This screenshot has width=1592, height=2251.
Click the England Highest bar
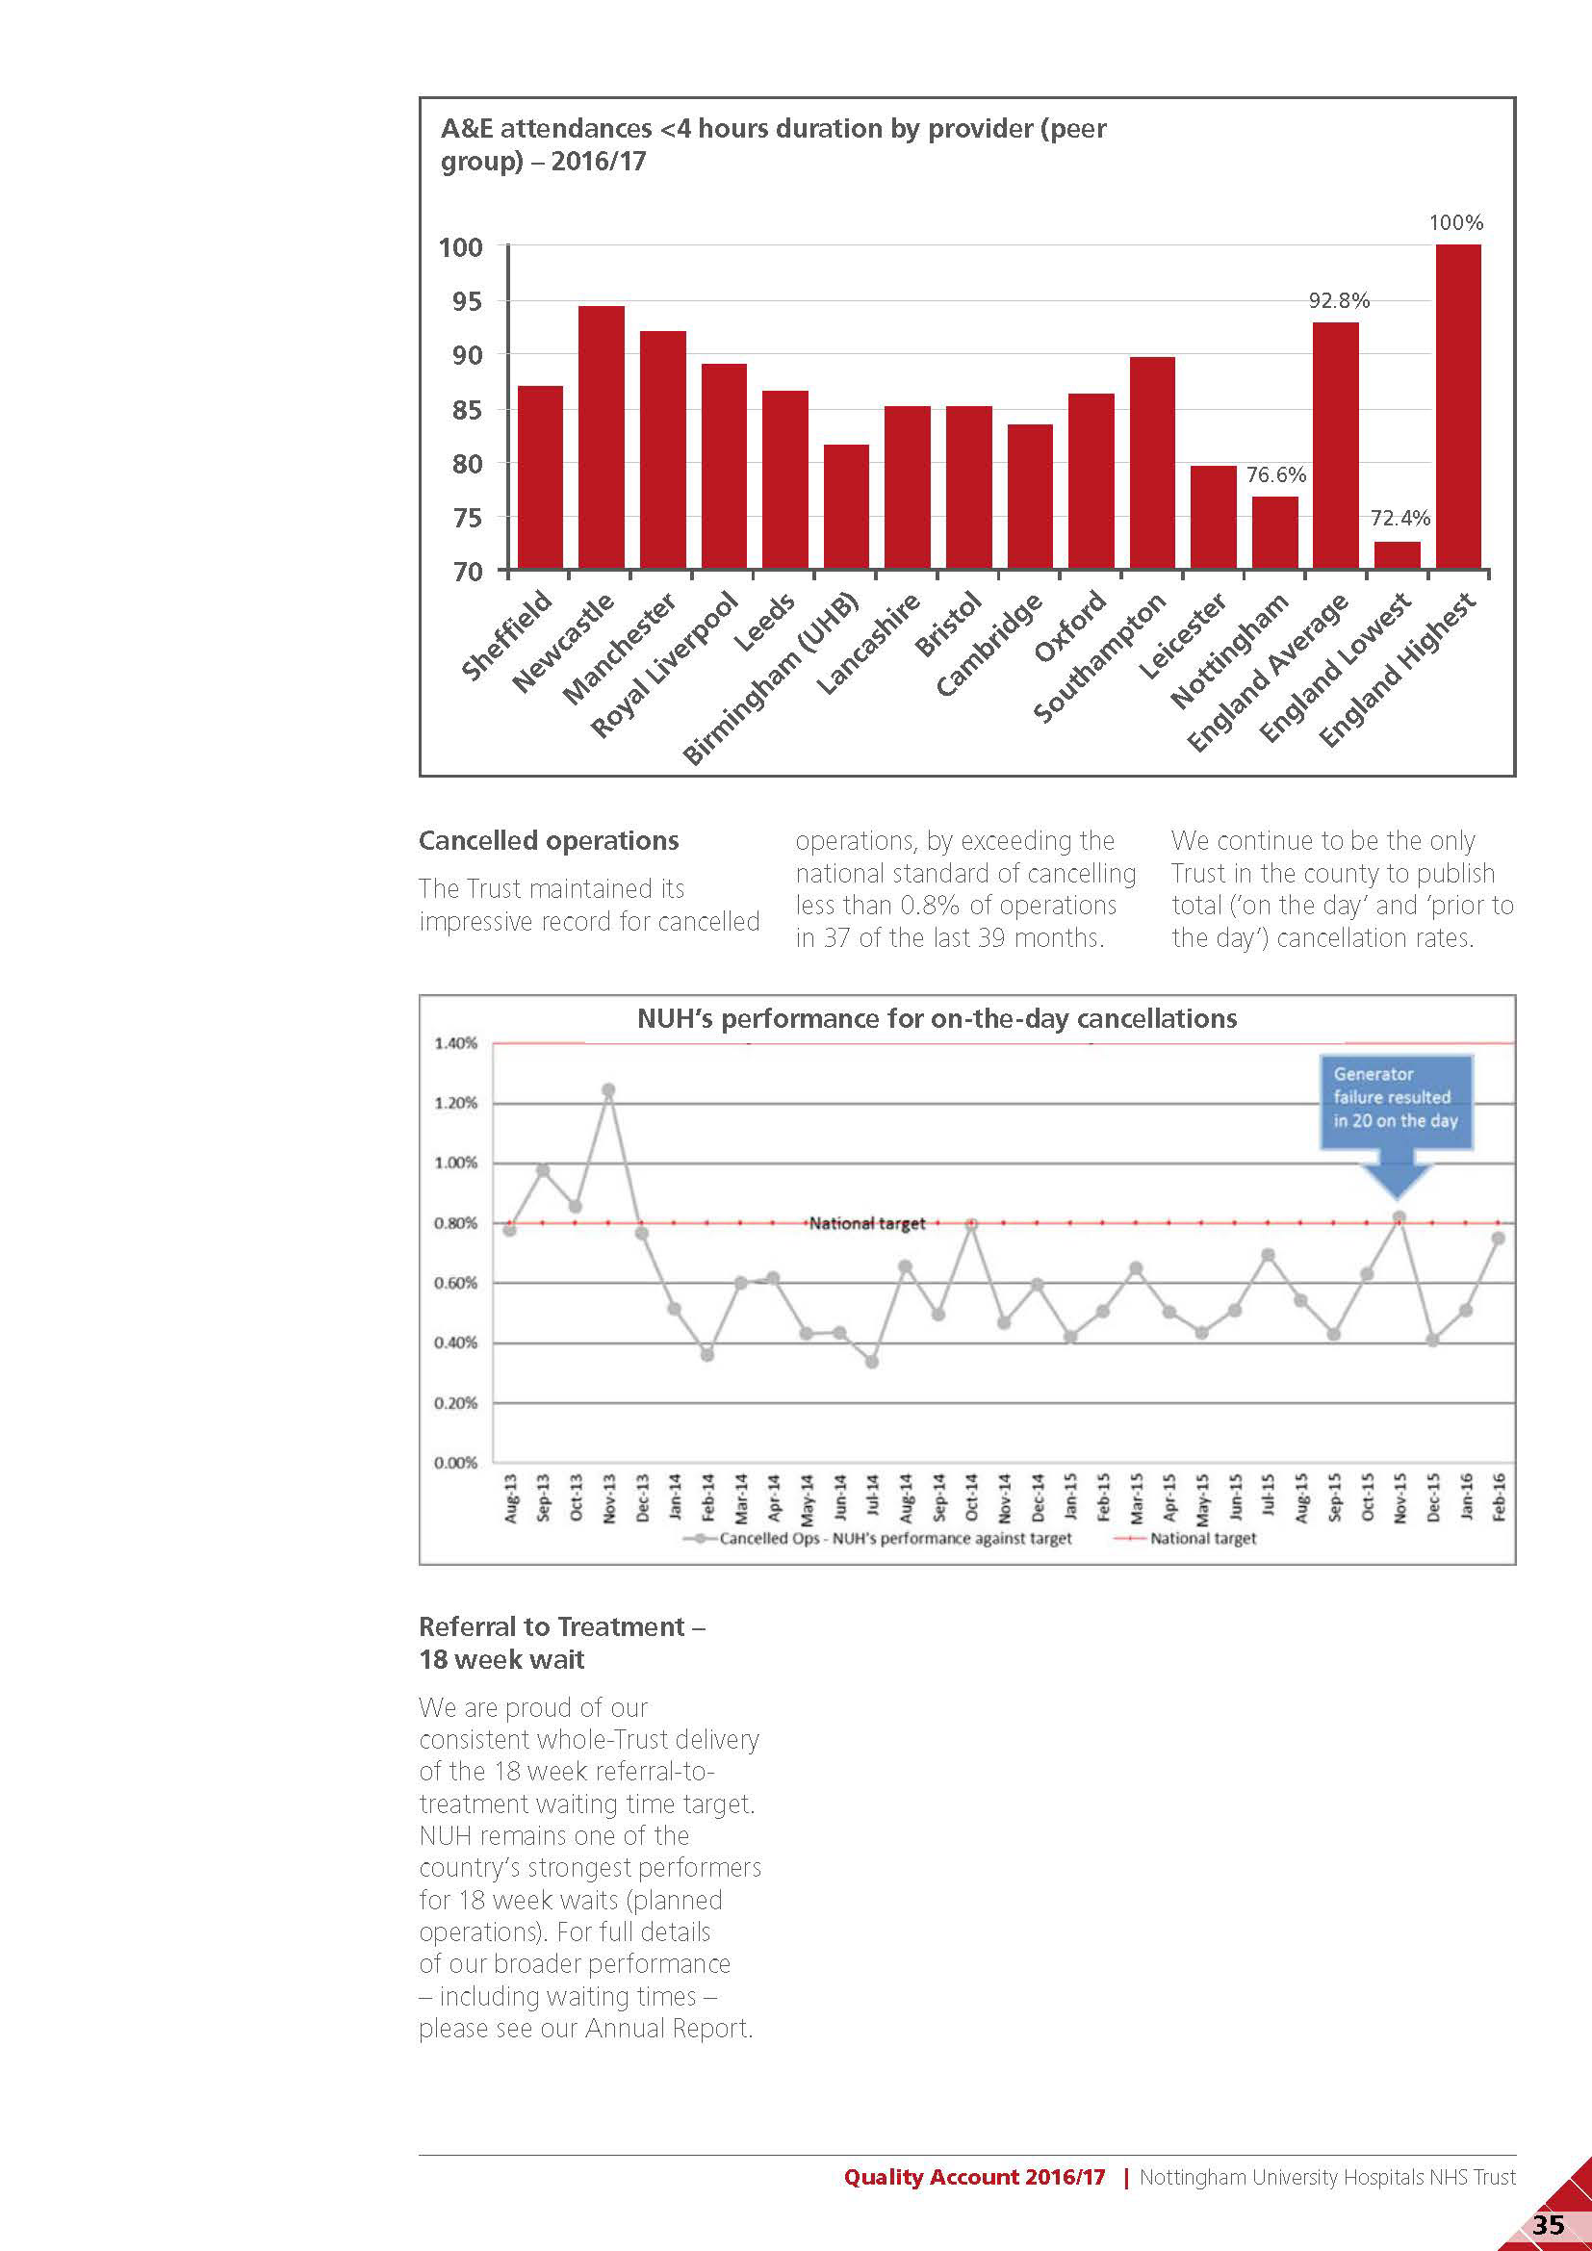(x=1457, y=406)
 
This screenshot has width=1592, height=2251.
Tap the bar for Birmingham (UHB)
(x=846, y=506)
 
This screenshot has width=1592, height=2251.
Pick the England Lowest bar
(x=1397, y=555)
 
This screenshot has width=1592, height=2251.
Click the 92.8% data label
(x=1338, y=301)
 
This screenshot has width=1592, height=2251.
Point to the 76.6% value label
(x=1275, y=475)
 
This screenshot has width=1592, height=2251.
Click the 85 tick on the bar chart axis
(x=467, y=410)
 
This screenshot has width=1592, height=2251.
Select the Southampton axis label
(x=1099, y=658)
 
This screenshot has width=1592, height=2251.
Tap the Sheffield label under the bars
(x=506, y=636)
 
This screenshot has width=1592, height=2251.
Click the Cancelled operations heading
(x=548, y=841)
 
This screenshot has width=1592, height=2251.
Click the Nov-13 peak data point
(x=607, y=1090)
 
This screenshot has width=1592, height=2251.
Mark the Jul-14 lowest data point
(x=871, y=1361)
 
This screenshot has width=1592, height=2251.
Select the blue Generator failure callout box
(x=1396, y=1100)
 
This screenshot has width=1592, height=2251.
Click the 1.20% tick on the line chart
(x=456, y=1103)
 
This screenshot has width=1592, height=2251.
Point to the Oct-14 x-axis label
(x=971, y=1497)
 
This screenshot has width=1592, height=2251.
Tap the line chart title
(x=937, y=1018)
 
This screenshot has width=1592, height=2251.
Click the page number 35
(x=1548, y=2223)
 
